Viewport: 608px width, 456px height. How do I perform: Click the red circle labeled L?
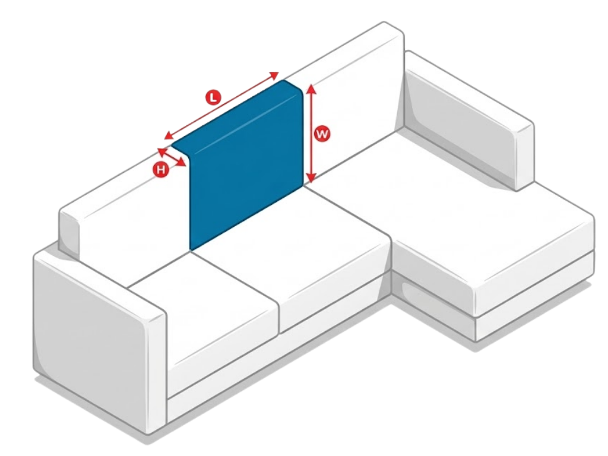pos(213,97)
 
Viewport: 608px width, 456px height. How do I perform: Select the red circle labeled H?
pos(160,170)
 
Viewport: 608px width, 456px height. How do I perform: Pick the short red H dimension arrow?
pos(171,157)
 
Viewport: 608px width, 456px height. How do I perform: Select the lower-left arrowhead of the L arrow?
pos(167,134)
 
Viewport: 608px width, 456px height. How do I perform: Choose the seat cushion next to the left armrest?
pos(202,303)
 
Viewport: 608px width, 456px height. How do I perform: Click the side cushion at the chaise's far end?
pos(469,125)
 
